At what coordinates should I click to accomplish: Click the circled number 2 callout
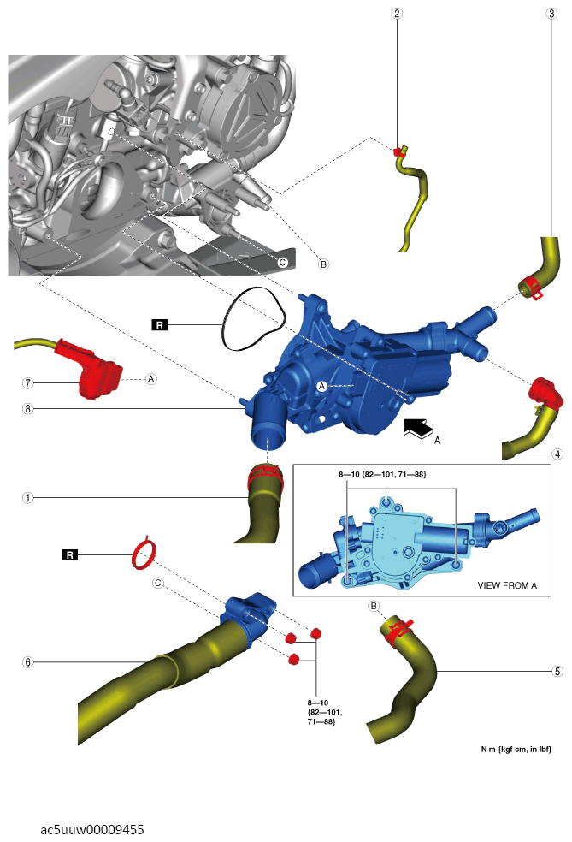point(397,14)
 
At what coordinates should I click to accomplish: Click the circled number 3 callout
point(551,14)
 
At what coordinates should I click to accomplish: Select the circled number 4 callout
point(557,454)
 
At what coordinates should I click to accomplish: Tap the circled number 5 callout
point(557,671)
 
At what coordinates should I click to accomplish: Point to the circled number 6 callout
point(28,662)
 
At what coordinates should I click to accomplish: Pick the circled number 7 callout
point(28,382)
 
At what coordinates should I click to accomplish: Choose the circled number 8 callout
point(28,409)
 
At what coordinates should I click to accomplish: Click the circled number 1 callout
point(28,498)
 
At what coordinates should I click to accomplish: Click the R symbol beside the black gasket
point(160,325)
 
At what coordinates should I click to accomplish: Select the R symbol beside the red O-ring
point(70,554)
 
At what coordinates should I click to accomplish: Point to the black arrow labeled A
point(419,428)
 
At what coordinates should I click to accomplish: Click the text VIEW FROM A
point(507,585)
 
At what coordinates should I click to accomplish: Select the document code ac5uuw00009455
point(92,830)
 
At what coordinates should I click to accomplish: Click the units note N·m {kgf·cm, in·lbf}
point(516,749)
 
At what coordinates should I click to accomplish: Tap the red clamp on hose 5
point(398,629)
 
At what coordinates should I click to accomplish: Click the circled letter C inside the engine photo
point(282,263)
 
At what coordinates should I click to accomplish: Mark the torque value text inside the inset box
point(382,474)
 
